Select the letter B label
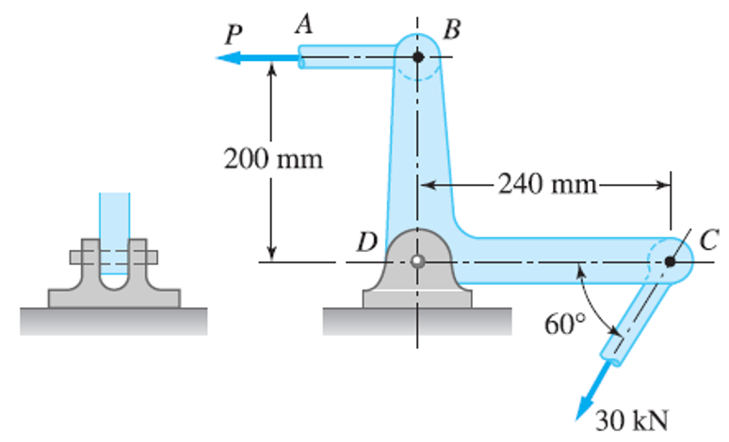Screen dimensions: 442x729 [x=451, y=29]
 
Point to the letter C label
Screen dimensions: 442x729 [x=708, y=241]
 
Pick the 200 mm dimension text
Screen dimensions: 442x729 [x=273, y=158]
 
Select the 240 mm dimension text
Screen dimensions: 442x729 [x=548, y=182]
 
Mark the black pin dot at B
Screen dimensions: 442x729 [x=418, y=57]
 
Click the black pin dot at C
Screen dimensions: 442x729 [x=670, y=261]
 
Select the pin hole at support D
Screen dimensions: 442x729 [x=417, y=261]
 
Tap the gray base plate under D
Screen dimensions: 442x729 [x=417, y=298]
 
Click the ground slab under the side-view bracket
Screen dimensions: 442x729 [x=114, y=321]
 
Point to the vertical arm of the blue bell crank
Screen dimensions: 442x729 [x=418, y=150]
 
